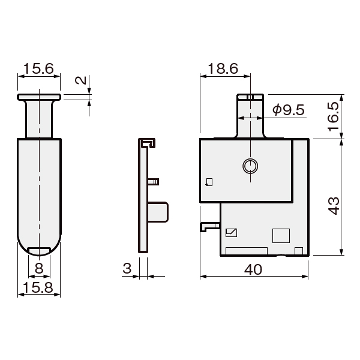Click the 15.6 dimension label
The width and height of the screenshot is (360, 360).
pos(38,68)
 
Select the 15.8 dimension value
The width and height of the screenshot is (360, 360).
pos(38,287)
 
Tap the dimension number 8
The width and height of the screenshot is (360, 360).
pos(39,268)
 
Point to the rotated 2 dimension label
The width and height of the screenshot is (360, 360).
pos(81,80)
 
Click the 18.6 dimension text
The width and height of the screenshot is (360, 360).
pos(223,68)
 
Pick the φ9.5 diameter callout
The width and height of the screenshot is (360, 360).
pos(289,110)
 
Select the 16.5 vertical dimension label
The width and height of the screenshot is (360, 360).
pos(334,116)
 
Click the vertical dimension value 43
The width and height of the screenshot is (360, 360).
pos(334,205)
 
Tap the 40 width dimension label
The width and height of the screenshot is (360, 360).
pos(253,269)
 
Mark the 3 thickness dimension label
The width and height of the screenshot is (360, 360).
pos(127,268)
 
